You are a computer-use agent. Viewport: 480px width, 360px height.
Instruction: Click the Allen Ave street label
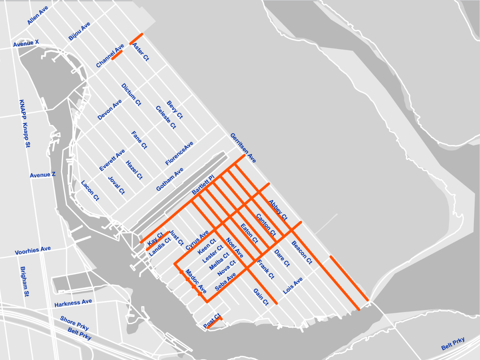38,16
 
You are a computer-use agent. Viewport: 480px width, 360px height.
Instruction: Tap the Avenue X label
26,44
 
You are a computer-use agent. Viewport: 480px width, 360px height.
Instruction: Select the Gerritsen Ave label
243,148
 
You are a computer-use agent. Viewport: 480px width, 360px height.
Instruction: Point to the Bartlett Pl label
203,185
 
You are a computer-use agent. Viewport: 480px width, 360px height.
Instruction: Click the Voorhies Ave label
33,250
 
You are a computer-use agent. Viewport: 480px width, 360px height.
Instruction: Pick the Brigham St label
25,281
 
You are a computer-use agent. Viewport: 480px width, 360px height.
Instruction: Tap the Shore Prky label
74,323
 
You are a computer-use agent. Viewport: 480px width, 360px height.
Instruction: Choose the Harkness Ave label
73,303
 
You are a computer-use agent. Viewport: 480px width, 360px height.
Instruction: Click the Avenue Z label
43,175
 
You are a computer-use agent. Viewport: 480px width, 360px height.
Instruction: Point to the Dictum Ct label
131,95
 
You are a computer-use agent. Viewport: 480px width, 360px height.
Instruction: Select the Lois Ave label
293,285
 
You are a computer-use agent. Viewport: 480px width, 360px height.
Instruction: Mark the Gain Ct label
261,297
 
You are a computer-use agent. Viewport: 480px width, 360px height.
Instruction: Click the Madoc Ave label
196,281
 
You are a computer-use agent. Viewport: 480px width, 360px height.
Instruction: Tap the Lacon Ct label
90,190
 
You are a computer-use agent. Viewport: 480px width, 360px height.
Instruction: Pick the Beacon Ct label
302,252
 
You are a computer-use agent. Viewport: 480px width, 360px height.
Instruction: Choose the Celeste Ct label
166,117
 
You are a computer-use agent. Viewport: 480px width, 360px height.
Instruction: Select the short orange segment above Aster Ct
136,39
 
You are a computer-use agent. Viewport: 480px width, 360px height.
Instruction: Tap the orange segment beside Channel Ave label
117,55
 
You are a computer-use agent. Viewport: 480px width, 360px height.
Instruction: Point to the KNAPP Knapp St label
25,124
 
